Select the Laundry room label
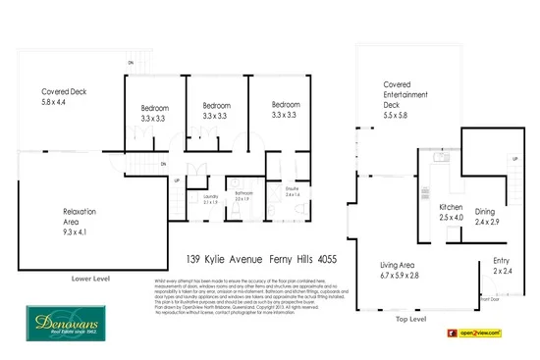(210, 198)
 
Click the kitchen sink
(442, 157)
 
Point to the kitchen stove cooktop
(424, 191)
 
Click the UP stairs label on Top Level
(514, 158)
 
